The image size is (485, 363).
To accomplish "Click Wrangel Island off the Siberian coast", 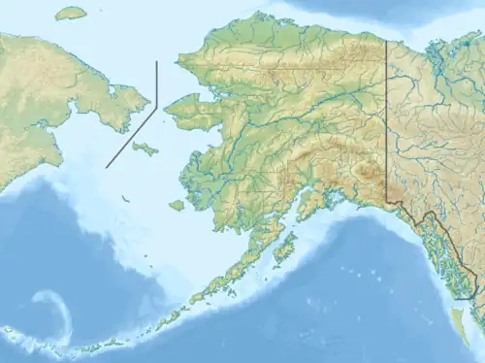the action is point(70,14).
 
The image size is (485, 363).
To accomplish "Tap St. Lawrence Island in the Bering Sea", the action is point(145,149).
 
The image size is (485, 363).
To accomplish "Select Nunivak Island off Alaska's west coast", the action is point(176,206).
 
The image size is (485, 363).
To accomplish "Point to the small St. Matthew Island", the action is point(125,199).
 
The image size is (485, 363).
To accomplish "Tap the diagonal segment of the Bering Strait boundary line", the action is point(131,137).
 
